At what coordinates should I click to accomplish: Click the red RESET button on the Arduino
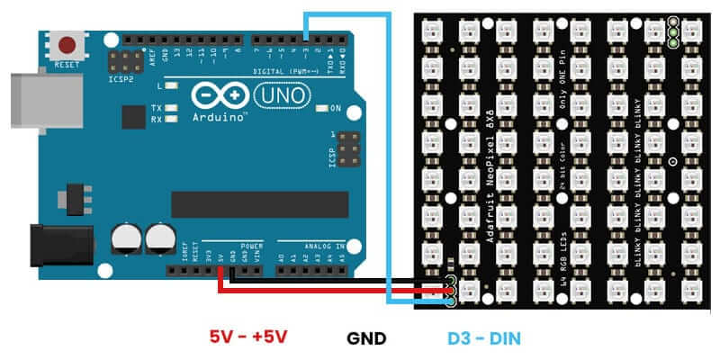[67, 44]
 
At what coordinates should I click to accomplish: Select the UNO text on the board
[282, 94]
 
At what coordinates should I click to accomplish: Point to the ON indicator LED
[322, 109]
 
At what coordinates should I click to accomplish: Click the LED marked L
[170, 86]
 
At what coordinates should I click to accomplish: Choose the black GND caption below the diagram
[366, 337]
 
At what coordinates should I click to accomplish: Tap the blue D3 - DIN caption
[484, 337]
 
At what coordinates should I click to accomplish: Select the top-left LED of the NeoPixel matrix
[433, 31]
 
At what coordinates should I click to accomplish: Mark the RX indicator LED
[169, 118]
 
